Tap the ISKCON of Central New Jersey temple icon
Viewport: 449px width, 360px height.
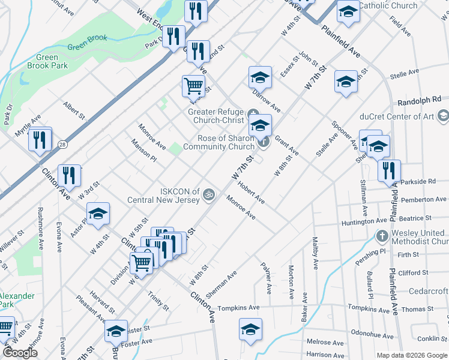coord(209,194)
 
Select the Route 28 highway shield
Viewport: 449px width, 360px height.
coord(62,145)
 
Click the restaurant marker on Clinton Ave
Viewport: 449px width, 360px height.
coord(70,175)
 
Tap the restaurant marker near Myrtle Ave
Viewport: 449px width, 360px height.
coord(40,139)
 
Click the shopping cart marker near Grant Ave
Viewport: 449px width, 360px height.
coord(193,85)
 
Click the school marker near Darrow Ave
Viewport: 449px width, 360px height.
coord(260,77)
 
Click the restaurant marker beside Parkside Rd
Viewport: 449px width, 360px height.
coord(389,170)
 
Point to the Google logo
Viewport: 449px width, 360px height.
coord(20,353)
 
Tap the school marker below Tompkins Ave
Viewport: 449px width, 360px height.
coord(250,329)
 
